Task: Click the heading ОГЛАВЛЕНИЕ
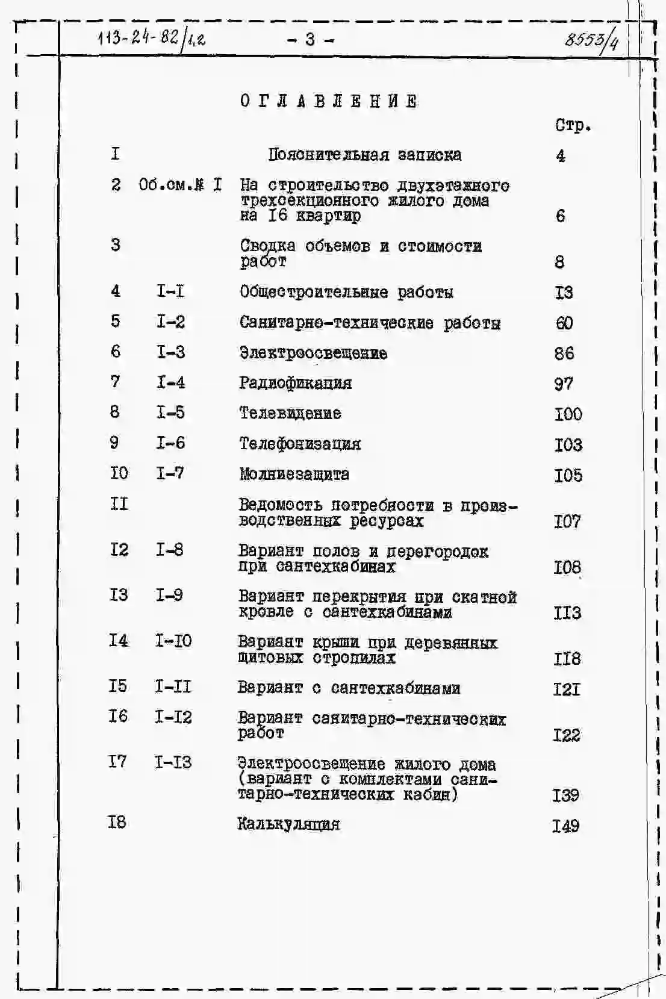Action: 329,101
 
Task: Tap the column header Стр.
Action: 573,126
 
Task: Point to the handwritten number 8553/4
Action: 591,40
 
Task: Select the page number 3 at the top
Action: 310,40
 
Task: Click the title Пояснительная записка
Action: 365,155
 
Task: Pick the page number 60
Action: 564,323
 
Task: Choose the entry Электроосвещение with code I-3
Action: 313,353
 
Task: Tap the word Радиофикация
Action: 296,383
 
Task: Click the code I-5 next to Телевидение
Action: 170,412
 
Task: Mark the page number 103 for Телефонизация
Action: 568,445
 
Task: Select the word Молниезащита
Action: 294,475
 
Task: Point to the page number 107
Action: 567,521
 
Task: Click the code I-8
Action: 170,550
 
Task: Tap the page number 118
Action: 567,659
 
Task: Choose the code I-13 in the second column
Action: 173,762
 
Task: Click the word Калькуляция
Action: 288,824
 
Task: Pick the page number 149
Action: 566,826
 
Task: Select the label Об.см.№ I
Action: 179,185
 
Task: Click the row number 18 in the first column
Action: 117,822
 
